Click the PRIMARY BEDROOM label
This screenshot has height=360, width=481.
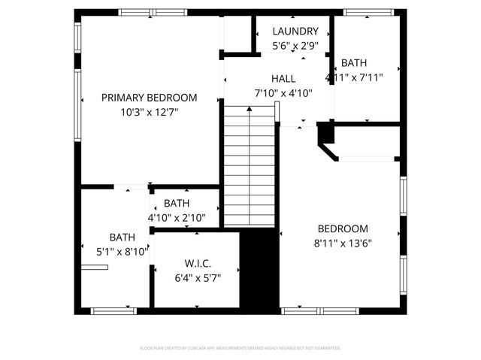pyautogui.click(x=150, y=98)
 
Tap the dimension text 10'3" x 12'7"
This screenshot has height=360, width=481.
pyautogui.click(x=150, y=112)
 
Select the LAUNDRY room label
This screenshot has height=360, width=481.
pyautogui.click(x=295, y=32)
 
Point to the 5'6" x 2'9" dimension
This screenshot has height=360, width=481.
pyautogui.click(x=295, y=46)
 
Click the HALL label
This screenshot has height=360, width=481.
pyautogui.click(x=283, y=79)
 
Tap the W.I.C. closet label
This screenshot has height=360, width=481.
pyautogui.click(x=198, y=263)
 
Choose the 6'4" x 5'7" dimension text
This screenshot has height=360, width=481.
pyautogui.click(x=198, y=277)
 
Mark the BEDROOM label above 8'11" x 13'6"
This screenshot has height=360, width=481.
pyautogui.click(x=343, y=229)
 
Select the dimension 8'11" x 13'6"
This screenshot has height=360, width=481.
pyautogui.click(x=343, y=243)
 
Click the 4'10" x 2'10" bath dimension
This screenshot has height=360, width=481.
pyautogui.click(x=177, y=218)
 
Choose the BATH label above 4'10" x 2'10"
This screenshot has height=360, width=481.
pyautogui.click(x=177, y=204)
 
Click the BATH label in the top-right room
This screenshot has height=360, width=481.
pyautogui.click(x=354, y=63)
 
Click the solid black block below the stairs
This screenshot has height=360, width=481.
pyautogui.click(x=259, y=269)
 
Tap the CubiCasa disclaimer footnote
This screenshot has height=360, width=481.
pyautogui.click(x=240, y=348)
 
